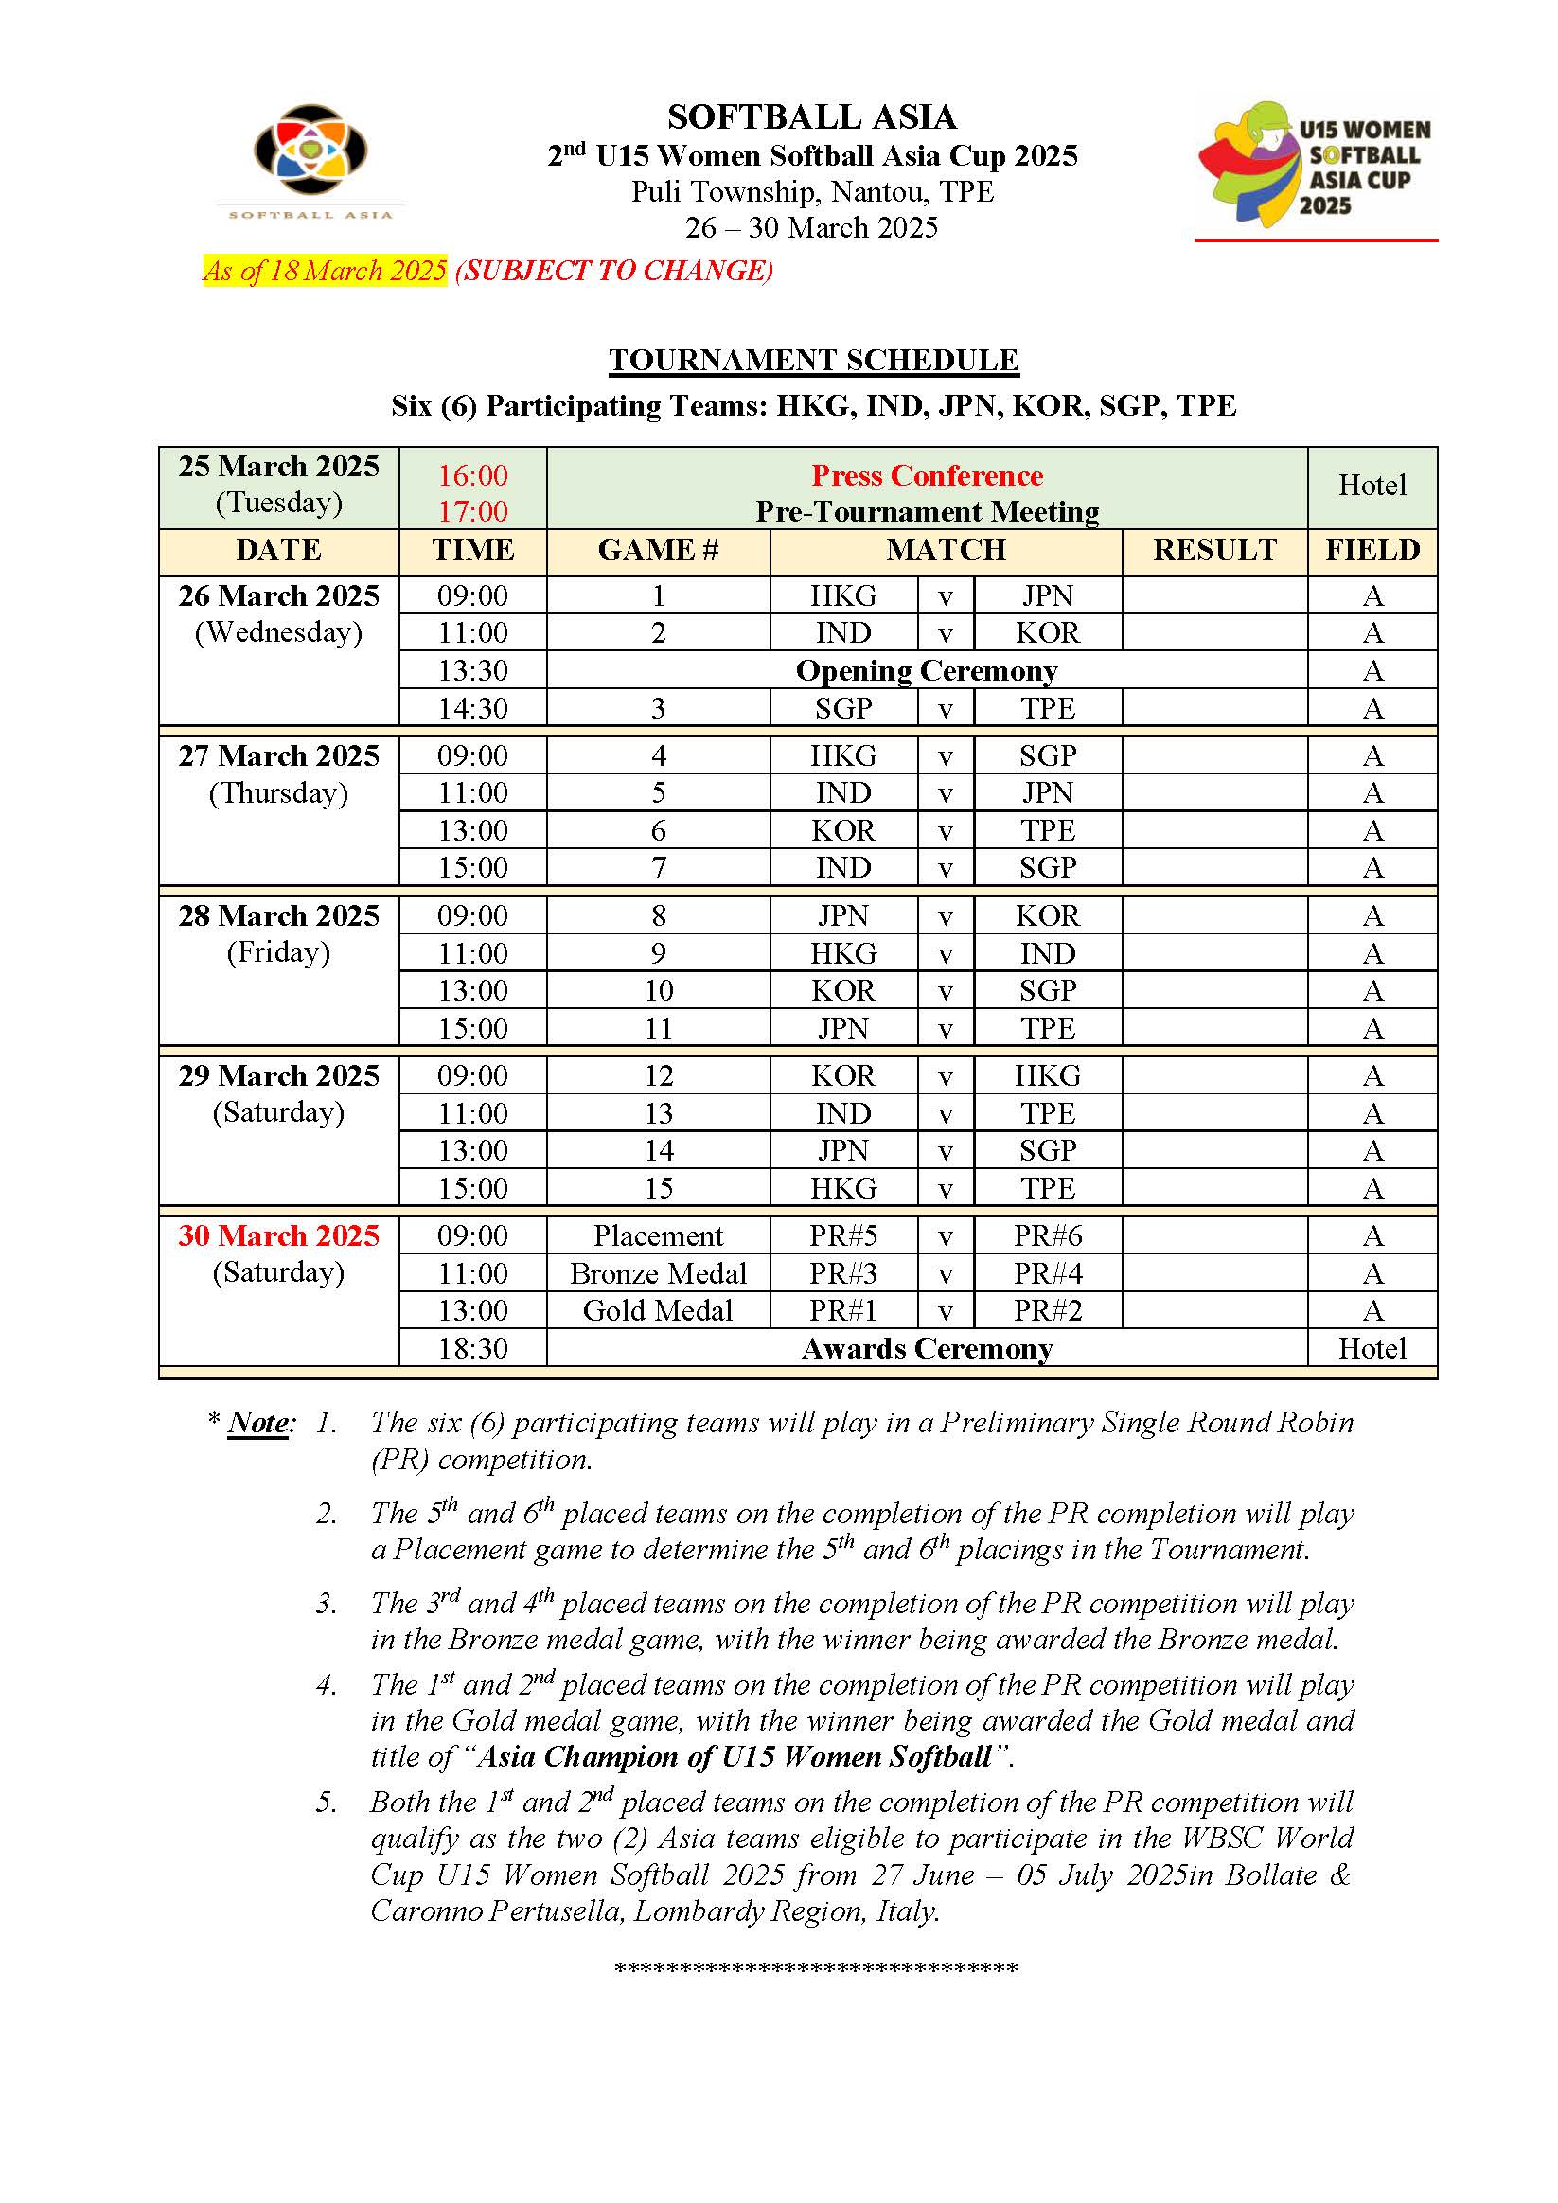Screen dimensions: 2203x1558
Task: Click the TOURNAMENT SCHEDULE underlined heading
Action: (x=813, y=360)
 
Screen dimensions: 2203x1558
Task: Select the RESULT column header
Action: (x=1214, y=550)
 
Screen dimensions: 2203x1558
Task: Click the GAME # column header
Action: (x=658, y=550)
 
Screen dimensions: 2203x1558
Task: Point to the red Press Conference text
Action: (x=927, y=476)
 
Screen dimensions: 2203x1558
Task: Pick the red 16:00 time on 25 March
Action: (x=473, y=476)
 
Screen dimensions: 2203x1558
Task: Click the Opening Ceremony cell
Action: (x=927, y=670)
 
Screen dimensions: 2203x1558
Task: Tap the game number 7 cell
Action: (x=658, y=867)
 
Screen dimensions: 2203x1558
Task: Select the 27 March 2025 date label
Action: (x=278, y=756)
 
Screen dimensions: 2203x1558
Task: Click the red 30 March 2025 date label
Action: (x=278, y=1235)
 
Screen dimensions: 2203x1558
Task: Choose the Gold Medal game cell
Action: (x=658, y=1310)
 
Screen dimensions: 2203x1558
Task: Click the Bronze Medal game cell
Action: (x=658, y=1273)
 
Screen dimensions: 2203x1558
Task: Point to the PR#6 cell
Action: (x=1048, y=1235)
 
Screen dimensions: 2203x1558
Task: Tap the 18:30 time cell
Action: (x=473, y=1348)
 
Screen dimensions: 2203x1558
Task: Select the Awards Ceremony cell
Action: (x=927, y=1348)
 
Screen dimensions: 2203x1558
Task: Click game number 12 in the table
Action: (x=658, y=1075)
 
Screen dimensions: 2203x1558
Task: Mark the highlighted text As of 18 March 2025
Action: (x=325, y=271)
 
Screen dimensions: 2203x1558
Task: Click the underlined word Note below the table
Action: (x=259, y=1423)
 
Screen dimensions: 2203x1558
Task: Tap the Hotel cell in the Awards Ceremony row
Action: (x=1372, y=1348)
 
